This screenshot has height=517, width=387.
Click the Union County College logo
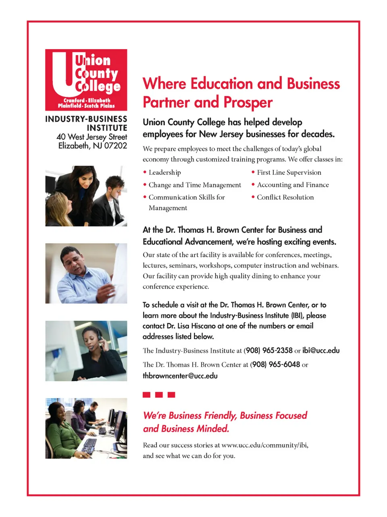point(86,80)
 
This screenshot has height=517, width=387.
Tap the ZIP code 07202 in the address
point(115,146)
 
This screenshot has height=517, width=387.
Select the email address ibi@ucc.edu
point(321,350)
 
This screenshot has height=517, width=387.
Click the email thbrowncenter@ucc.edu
point(180,376)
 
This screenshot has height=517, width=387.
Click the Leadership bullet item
point(164,172)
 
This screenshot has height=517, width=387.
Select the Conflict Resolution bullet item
point(285,197)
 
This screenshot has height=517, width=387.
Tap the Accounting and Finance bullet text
point(293,185)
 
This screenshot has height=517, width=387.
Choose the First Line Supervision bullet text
point(289,172)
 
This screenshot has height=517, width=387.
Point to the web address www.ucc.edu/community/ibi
point(265,445)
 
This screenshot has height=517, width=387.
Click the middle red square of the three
point(159,395)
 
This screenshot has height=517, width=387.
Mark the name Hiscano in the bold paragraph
point(203,326)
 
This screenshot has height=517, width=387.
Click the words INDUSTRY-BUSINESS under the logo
point(86,119)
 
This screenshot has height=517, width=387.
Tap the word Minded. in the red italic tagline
point(212,429)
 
